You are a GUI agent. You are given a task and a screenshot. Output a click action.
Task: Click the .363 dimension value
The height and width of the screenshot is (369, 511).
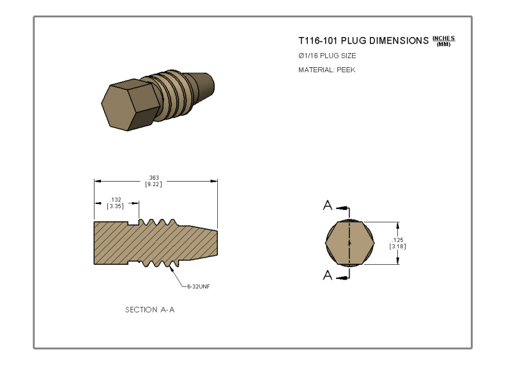[x=153, y=178]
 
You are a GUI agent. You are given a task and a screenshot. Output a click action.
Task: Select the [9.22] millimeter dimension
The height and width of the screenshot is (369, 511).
[x=153, y=184]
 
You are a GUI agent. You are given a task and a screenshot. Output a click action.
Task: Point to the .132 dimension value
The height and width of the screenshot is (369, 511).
[x=116, y=200]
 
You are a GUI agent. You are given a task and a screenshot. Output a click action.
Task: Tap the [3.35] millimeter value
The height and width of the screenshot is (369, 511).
[x=116, y=206]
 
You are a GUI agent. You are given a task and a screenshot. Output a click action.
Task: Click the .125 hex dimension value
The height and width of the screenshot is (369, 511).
[x=397, y=240]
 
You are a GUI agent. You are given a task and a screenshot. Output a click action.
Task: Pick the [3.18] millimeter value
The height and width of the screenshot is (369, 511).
[x=397, y=246]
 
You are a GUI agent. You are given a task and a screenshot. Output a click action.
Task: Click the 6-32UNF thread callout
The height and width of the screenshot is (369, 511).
[x=199, y=287]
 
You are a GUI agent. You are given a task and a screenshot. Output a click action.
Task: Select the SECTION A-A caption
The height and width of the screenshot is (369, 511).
[x=150, y=310]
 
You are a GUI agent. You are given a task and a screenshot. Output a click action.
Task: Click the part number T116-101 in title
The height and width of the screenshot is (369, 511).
[x=317, y=41]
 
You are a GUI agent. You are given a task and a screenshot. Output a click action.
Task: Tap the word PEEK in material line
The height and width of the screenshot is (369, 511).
[x=346, y=70]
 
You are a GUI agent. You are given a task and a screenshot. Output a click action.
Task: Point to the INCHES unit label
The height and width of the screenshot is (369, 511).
[x=443, y=38]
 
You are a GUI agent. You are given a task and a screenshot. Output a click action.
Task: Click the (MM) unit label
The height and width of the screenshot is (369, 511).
[x=443, y=44]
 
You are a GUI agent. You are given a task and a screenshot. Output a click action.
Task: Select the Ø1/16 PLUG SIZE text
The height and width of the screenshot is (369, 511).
[x=327, y=56]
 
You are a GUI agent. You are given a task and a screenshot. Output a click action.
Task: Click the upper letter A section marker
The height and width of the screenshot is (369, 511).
[x=328, y=205]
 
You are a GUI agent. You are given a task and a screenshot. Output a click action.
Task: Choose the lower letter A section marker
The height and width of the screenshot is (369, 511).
[x=328, y=275]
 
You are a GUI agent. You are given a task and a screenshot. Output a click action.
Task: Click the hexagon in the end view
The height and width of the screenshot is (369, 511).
[x=349, y=243]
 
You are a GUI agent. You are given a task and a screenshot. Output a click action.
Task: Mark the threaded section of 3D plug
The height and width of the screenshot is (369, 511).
[x=171, y=95]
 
